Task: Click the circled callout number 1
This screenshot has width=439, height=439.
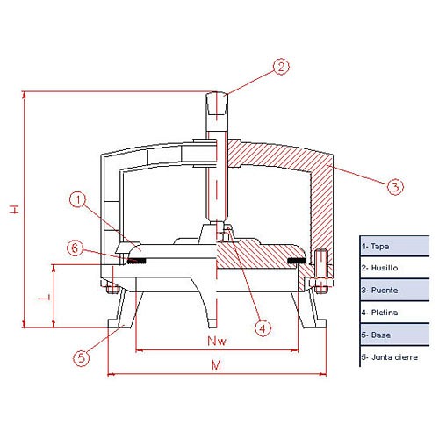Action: tap(77, 200)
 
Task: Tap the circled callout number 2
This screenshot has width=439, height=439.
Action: tap(281, 67)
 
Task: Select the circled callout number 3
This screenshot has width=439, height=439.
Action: tap(395, 186)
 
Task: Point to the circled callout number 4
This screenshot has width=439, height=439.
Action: tap(263, 328)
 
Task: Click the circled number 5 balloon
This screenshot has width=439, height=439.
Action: tap(81, 357)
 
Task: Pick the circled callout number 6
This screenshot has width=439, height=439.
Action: tap(76, 248)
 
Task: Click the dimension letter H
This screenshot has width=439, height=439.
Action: tap(14, 209)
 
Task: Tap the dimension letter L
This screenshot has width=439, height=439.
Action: tap(44, 298)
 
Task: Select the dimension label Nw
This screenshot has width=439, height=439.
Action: tap(217, 341)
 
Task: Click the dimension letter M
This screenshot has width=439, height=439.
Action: tap(216, 365)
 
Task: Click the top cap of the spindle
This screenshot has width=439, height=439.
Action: tap(217, 104)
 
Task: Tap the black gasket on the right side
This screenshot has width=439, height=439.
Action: tap(297, 260)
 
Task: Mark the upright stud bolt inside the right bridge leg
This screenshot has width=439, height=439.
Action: tap(321, 271)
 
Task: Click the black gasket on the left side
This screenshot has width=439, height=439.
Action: tap(137, 260)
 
